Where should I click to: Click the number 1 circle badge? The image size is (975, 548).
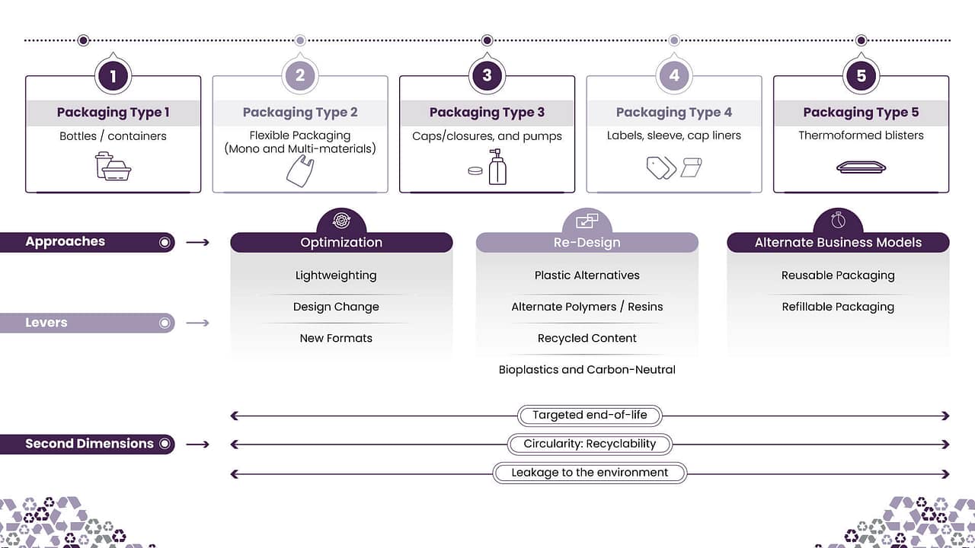(x=113, y=75)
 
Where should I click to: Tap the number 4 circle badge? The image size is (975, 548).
(x=674, y=75)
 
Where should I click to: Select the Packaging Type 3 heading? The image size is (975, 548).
(x=487, y=113)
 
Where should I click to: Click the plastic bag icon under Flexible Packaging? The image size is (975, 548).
(x=299, y=170)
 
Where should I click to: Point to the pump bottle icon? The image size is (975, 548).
(x=497, y=167)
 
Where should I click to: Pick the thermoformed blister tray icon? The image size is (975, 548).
(x=861, y=167)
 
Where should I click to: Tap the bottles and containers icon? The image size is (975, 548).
(x=113, y=166)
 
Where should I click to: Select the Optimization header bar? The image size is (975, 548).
(x=341, y=243)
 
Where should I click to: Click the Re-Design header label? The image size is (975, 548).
(x=587, y=243)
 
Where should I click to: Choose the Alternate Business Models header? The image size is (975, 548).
(x=838, y=243)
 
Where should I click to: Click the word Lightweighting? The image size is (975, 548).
(x=336, y=276)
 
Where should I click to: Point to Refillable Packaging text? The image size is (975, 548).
(x=838, y=307)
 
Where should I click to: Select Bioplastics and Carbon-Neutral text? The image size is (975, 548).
(x=587, y=370)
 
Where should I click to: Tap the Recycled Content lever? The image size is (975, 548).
(x=587, y=338)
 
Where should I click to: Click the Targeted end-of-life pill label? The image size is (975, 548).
(x=590, y=416)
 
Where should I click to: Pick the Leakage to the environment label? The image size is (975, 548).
(x=590, y=473)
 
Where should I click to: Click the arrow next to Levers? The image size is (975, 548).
(x=197, y=323)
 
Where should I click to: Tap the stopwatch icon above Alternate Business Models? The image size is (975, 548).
(x=838, y=221)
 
